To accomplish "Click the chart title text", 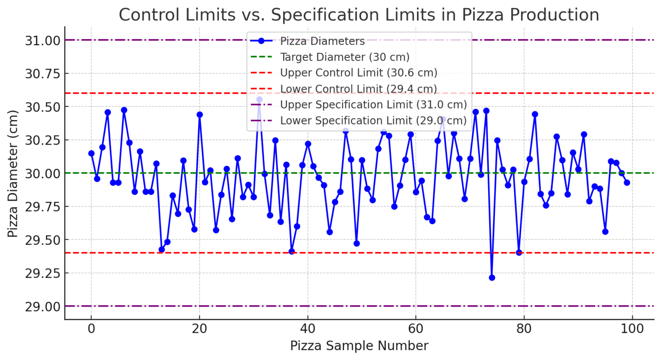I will [358, 15].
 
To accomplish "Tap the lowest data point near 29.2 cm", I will [492, 278].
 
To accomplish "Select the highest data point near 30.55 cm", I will [259, 99].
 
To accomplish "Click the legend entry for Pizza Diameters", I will [322, 41].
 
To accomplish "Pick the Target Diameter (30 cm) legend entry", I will [344, 57].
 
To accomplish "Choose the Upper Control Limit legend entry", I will [358, 73].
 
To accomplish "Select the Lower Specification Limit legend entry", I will [373, 121].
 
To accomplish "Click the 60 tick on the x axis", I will [416, 329].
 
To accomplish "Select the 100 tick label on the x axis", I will [632, 329].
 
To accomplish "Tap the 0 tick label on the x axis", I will [91, 329].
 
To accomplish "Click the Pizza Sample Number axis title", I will [359, 346].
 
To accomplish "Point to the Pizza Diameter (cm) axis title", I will [13, 174].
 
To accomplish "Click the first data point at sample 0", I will [91, 153].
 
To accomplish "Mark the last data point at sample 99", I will [627, 183].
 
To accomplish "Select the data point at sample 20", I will [200, 115].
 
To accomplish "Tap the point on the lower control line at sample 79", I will [519, 252].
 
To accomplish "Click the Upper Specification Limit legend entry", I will [373, 105].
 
